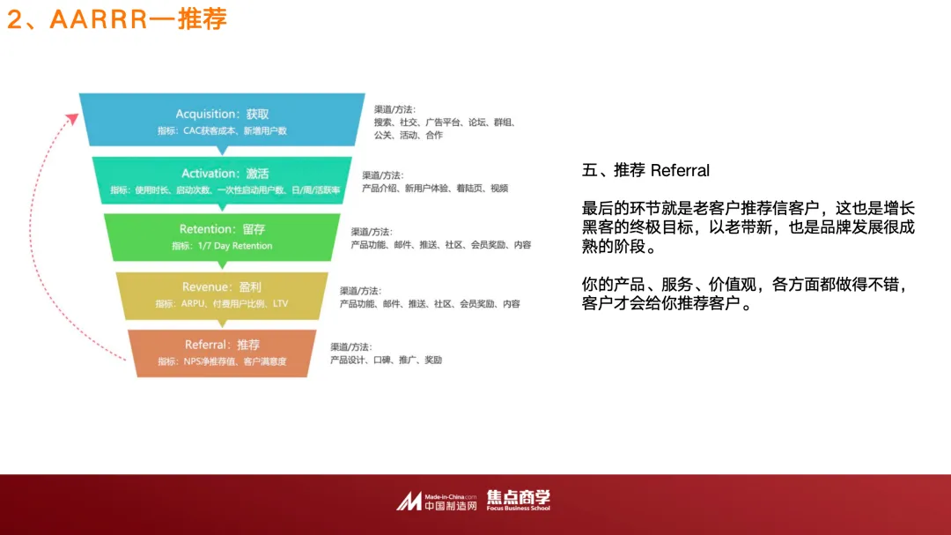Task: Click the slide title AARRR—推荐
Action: [117, 19]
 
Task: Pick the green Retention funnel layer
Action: [222, 237]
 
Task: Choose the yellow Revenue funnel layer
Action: [222, 294]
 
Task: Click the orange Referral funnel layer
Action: [222, 352]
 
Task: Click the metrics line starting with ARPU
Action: [222, 303]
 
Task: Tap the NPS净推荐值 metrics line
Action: [222, 361]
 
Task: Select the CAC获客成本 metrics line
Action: [222, 130]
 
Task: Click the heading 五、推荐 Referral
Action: [645, 170]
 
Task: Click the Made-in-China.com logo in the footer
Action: [437, 502]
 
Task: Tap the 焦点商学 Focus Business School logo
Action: [519, 500]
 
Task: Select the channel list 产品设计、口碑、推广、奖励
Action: [386, 360]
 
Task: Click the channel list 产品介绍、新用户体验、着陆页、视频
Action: [435, 189]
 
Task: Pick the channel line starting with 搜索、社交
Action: [444, 123]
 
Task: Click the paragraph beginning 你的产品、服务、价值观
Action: [745, 295]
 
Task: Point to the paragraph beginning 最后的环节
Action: [748, 227]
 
